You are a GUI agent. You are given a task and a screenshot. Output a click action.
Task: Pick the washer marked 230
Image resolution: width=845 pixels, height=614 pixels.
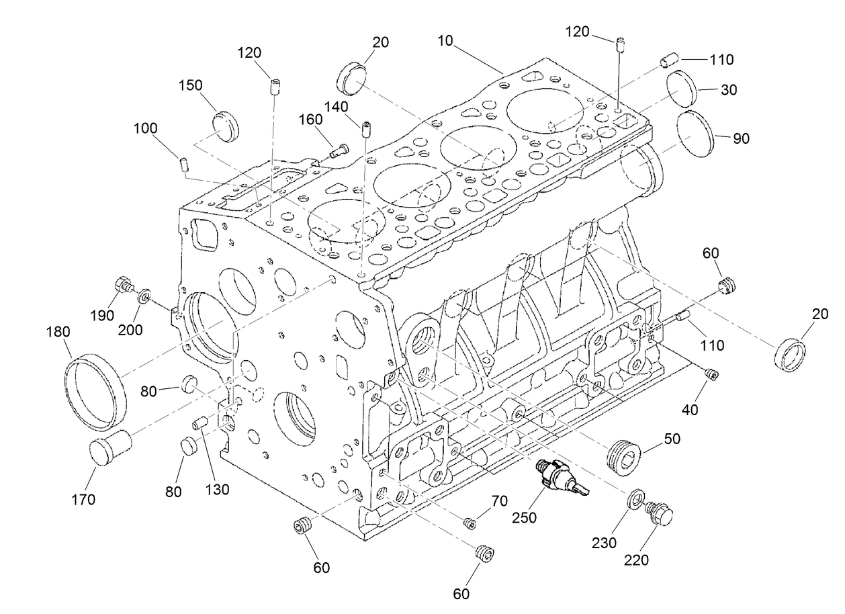[634, 500]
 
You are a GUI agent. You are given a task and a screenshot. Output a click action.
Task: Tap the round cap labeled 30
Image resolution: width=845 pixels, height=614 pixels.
[684, 88]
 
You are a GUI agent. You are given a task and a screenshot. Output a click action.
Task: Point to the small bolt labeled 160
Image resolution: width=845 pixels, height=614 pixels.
[339, 152]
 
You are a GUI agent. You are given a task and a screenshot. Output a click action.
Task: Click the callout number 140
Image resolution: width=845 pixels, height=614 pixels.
[336, 106]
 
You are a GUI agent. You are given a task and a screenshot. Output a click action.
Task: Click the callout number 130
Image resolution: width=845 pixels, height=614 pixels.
[218, 490]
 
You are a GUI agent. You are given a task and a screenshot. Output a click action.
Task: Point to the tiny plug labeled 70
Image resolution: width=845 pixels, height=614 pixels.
[470, 523]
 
